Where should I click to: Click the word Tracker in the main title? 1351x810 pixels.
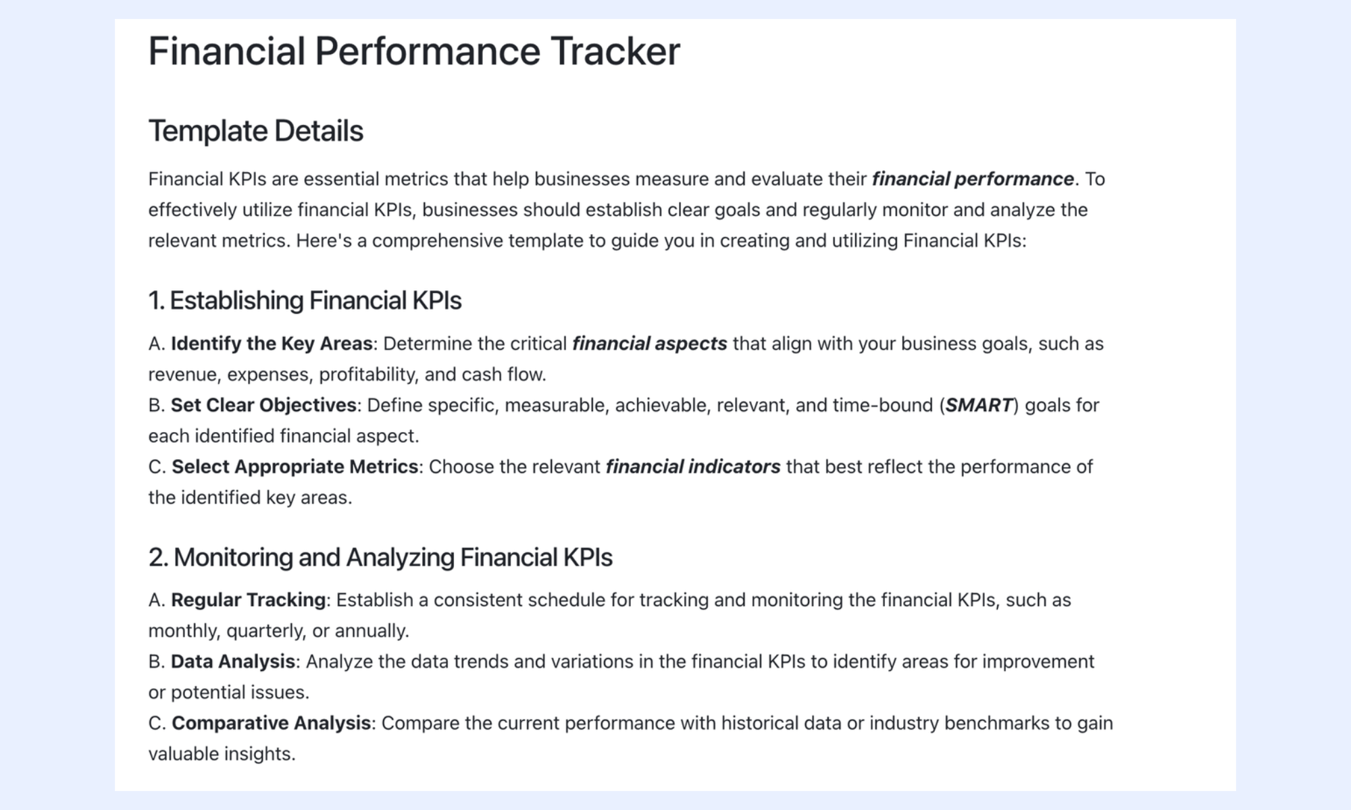click(x=615, y=51)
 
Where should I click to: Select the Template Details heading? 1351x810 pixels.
click(x=256, y=131)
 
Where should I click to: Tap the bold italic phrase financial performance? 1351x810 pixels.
click(x=973, y=180)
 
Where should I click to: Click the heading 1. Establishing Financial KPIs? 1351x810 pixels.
click(x=305, y=300)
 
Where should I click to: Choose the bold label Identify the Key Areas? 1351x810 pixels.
click(x=272, y=344)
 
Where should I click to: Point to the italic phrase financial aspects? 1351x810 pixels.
click(x=650, y=344)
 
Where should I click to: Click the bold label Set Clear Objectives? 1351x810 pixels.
click(x=263, y=405)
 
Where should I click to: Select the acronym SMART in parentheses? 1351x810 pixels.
click(x=979, y=405)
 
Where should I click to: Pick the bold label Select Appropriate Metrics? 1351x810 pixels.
click(x=295, y=466)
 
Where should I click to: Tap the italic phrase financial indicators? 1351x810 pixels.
click(x=693, y=466)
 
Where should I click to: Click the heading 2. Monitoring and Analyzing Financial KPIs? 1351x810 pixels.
click(x=380, y=558)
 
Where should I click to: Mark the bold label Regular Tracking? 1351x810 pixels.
click(x=249, y=600)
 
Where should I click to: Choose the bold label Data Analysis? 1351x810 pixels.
click(x=233, y=661)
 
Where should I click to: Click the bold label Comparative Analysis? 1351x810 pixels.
click(x=272, y=723)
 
